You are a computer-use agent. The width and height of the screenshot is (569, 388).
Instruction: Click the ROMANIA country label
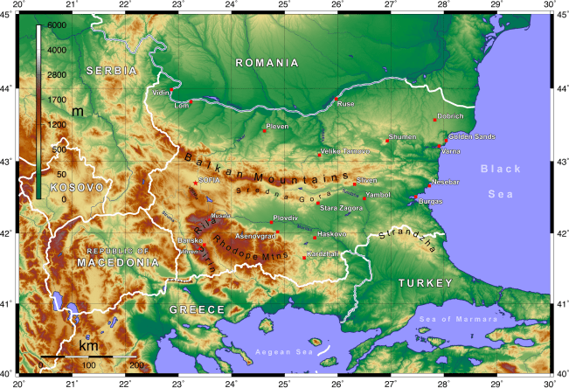(267, 63)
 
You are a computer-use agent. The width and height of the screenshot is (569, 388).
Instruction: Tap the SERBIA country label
(111, 70)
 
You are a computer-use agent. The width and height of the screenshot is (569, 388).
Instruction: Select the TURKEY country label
(426, 283)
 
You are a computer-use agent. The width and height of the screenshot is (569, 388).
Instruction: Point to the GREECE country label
(197, 309)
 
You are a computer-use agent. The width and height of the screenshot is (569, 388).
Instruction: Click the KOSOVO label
(76, 187)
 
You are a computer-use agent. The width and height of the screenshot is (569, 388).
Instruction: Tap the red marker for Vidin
(173, 90)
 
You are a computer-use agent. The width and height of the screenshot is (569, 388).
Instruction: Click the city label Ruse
(346, 103)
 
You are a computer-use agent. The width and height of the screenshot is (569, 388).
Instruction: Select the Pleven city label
(277, 127)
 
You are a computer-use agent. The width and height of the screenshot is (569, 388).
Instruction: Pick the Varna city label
(451, 151)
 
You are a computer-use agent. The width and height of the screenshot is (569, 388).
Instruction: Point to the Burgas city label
(431, 201)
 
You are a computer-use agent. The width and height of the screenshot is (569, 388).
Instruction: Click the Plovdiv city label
(286, 217)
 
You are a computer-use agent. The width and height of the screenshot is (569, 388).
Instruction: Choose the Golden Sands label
(471, 137)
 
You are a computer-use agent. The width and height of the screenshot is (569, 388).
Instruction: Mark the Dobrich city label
(450, 115)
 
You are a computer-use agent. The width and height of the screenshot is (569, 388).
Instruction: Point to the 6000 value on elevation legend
(56, 26)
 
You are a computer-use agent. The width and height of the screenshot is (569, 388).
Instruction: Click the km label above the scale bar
(88, 346)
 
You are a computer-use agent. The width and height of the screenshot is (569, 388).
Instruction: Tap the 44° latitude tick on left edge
(7, 90)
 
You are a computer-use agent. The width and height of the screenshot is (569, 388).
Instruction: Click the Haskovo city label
(333, 233)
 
